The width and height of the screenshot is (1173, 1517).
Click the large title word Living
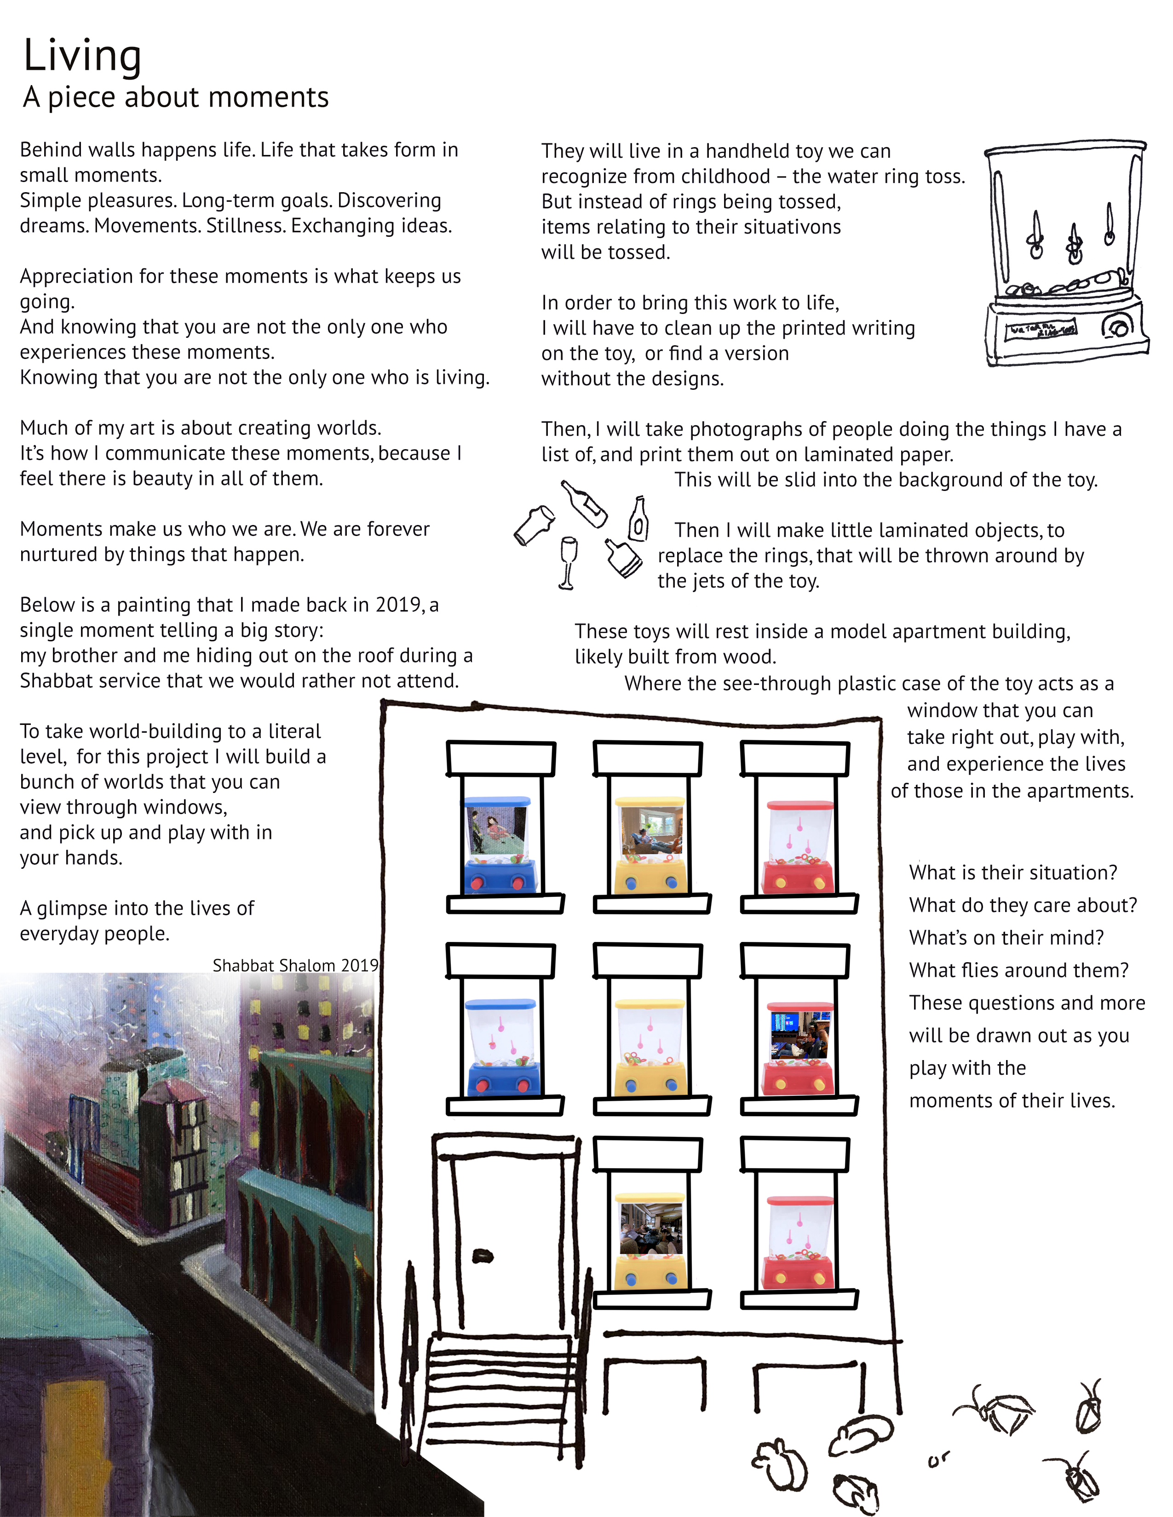pyautogui.click(x=82, y=56)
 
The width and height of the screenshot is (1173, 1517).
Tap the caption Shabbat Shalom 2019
pyautogui.click(x=295, y=965)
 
